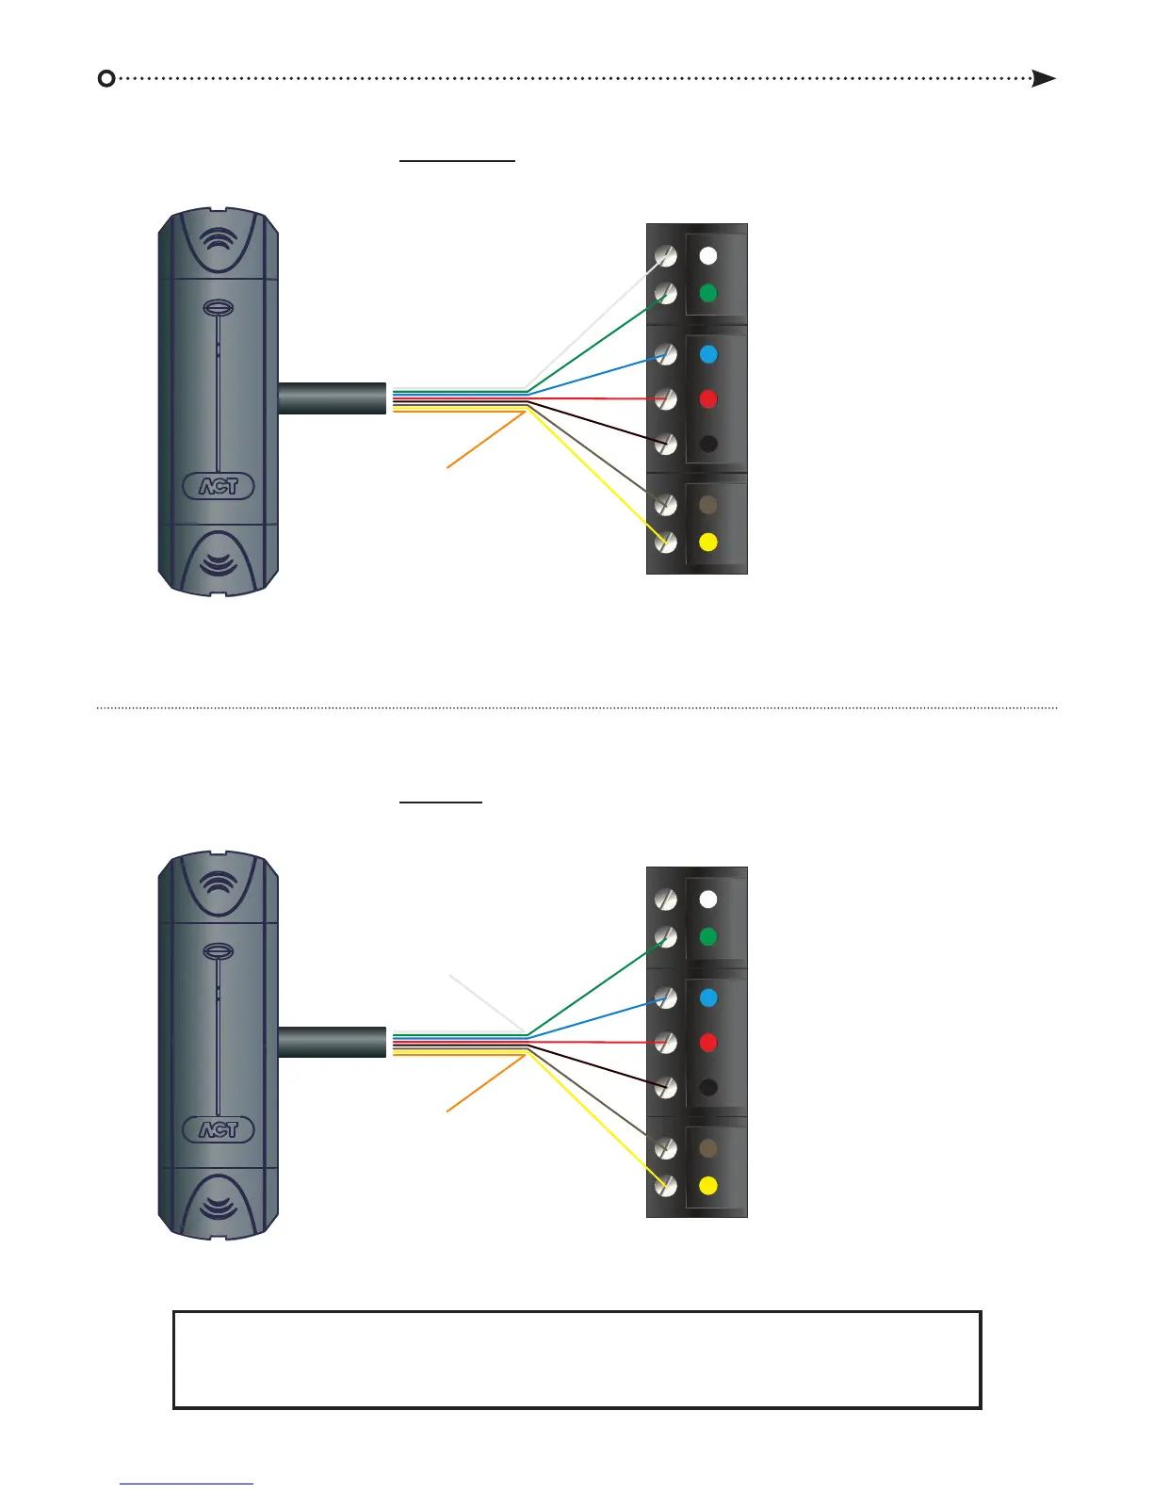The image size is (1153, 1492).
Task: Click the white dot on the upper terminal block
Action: (x=708, y=255)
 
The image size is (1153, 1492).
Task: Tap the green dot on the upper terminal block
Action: (x=708, y=294)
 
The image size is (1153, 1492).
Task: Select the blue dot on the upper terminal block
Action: (x=708, y=355)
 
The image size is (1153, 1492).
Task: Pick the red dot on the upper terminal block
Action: (x=708, y=399)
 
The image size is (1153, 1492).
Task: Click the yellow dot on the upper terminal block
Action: (x=708, y=543)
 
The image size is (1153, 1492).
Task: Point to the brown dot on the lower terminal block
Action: (x=708, y=1148)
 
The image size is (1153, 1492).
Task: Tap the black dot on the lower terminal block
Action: (x=708, y=1087)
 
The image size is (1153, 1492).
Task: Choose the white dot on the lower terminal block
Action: (x=708, y=900)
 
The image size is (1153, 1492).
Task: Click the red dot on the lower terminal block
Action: (x=708, y=1043)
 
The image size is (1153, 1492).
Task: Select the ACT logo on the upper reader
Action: (x=218, y=486)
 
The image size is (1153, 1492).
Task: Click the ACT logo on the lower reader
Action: (x=218, y=1129)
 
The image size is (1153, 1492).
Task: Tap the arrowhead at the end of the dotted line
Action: (x=1043, y=78)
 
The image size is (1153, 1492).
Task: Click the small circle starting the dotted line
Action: (x=106, y=78)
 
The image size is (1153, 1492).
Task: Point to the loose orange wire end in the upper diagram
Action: (x=450, y=464)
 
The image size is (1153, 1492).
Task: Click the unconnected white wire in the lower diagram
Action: (x=452, y=978)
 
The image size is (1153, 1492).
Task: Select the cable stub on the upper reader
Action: (x=332, y=397)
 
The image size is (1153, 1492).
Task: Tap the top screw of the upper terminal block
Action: (x=666, y=256)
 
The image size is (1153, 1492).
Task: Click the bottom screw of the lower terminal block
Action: (x=666, y=1186)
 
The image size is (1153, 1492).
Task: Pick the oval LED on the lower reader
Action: (x=218, y=952)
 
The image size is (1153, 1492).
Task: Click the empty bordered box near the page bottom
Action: (x=576, y=1359)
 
